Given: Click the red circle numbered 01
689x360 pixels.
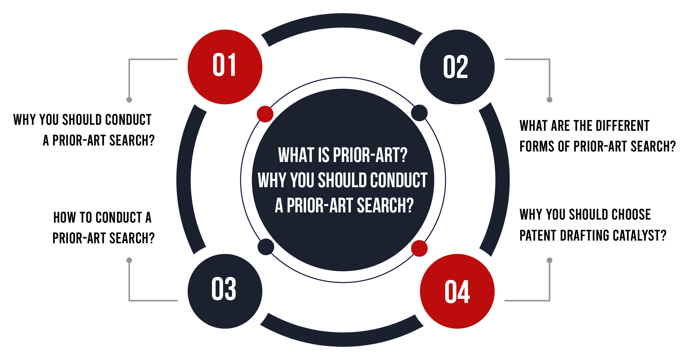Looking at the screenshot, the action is pyautogui.click(x=225, y=67).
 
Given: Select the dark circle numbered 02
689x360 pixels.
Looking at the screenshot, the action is pyautogui.click(x=457, y=67).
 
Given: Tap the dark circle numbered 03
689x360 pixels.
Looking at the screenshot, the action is pyautogui.click(x=225, y=291).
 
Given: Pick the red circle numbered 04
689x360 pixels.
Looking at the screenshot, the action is pyautogui.click(x=457, y=291).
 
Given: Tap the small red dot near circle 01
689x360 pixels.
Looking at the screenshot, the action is pyautogui.click(x=265, y=114).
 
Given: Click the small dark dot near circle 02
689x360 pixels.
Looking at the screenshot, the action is pyautogui.click(x=419, y=113).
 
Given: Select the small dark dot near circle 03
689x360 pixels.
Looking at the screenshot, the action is pyautogui.click(x=266, y=247).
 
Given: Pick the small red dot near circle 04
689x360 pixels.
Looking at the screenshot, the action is pyautogui.click(x=419, y=248).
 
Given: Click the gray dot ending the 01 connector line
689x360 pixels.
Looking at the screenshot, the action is pyautogui.click(x=129, y=100).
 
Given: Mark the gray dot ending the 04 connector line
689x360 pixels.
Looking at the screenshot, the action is pyautogui.click(x=549, y=260).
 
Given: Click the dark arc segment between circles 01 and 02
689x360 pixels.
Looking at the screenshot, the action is pyautogui.click(x=342, y=21).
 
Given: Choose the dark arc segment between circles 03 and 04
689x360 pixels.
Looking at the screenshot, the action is pyautogui.click(x=342, y=339).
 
